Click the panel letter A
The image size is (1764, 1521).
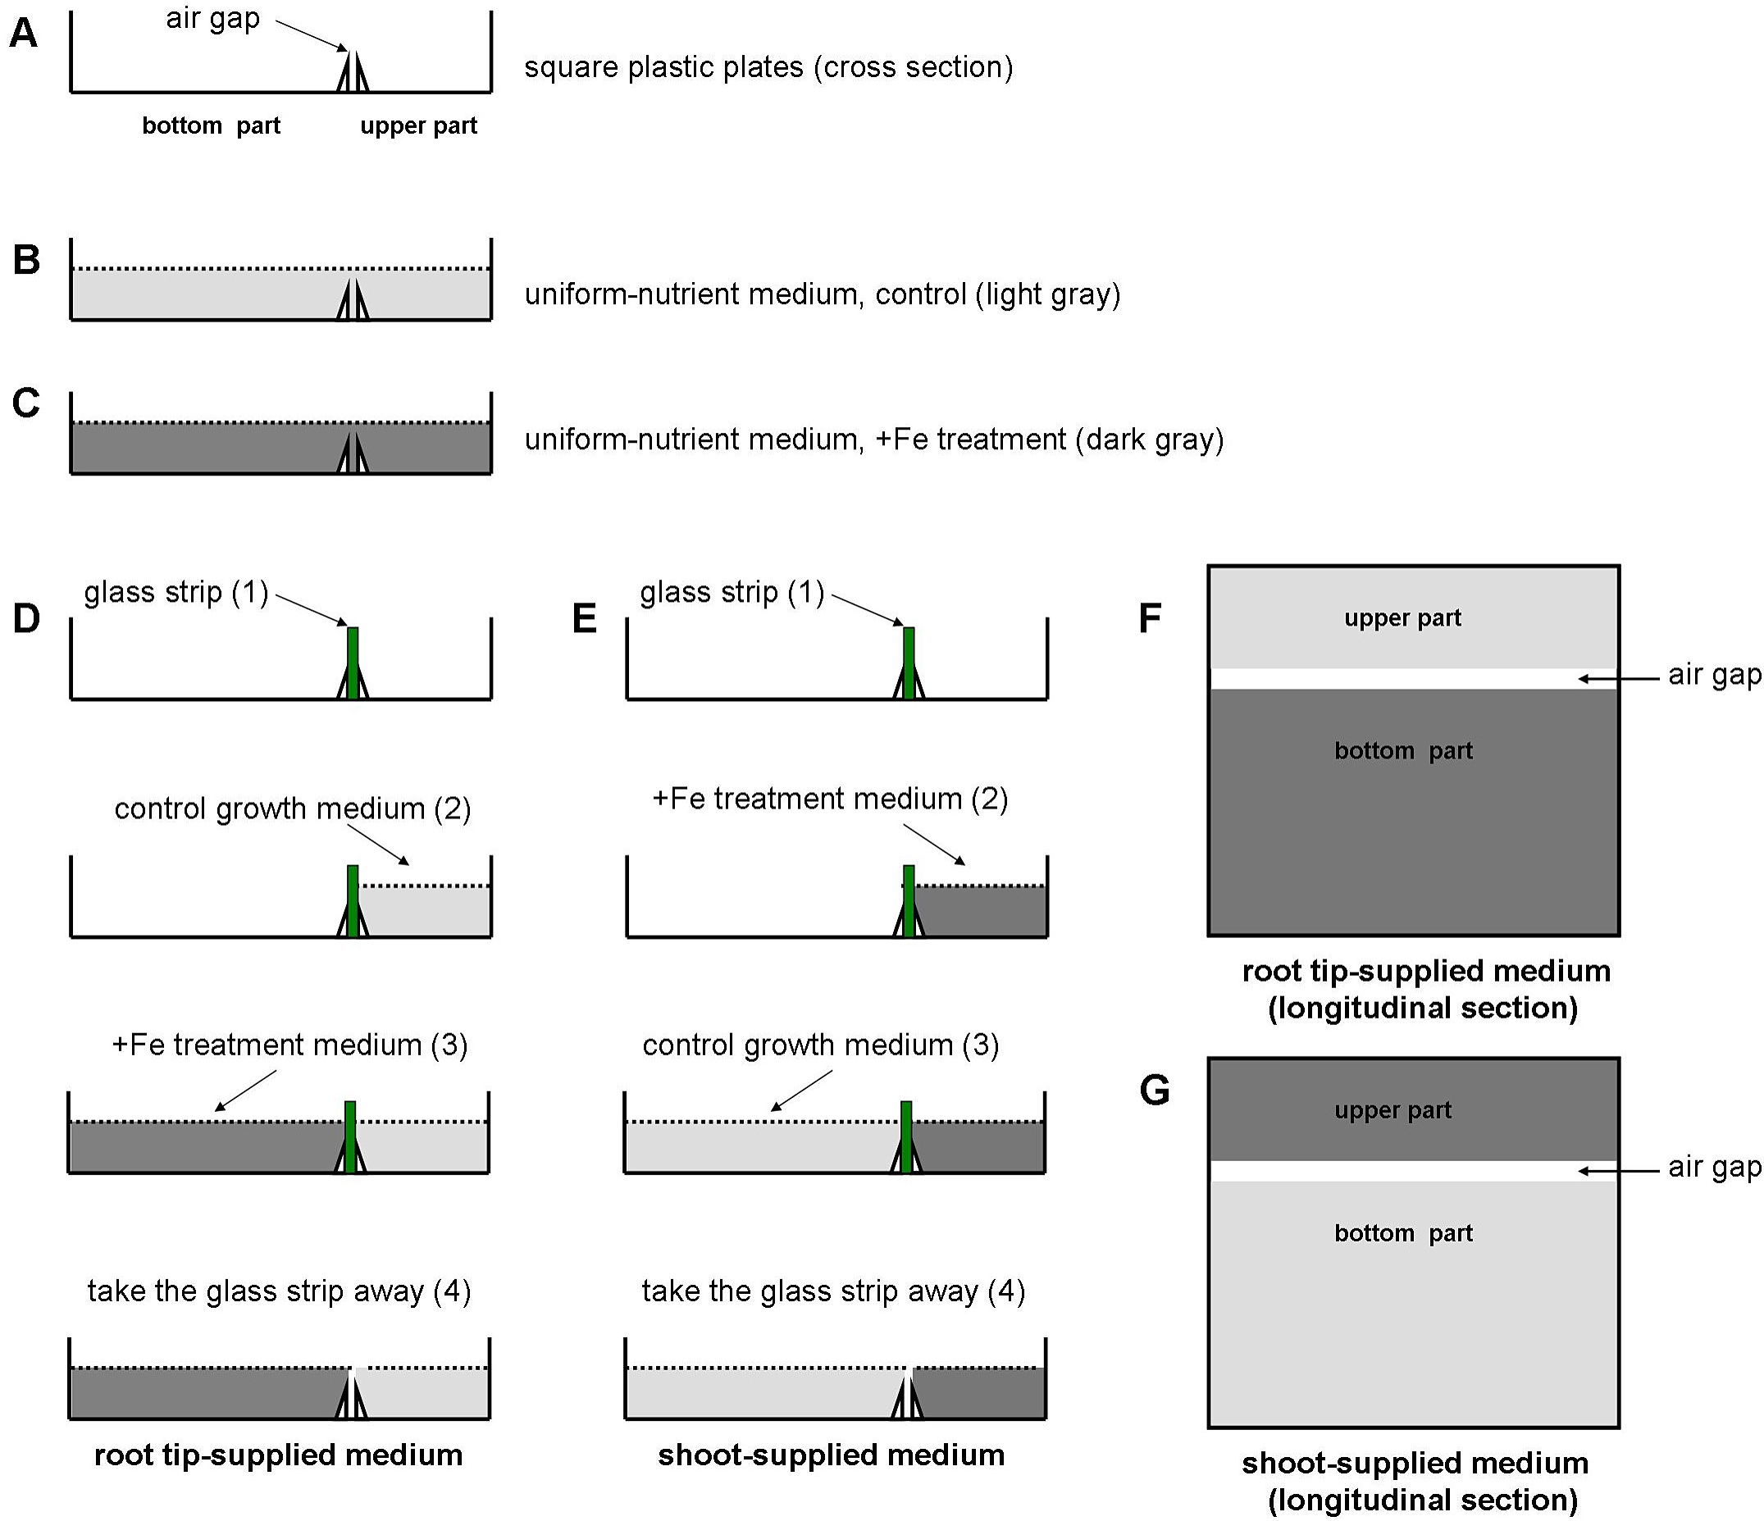(23, 34)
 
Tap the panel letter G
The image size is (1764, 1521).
(1155, 1091)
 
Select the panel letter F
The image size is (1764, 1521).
(1151, 619)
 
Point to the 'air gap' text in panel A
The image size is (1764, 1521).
(213, 19)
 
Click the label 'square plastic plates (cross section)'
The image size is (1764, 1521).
(768, 67)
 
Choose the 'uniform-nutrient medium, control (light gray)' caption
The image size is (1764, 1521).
(823, 294)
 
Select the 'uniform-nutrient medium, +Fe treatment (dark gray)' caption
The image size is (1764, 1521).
(874, 439)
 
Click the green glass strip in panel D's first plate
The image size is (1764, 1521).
(353, 663)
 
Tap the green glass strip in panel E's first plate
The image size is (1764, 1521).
(909, 663)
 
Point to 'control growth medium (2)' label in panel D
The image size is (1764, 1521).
(293, 808)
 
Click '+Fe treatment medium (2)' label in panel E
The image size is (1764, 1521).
(830, 799)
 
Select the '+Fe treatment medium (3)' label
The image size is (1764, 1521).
(290, 1045)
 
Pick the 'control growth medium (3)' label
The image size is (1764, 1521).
(821, 1045)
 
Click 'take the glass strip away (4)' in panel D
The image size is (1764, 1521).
(280, 1291)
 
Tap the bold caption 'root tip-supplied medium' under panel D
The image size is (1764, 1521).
(278, 1455)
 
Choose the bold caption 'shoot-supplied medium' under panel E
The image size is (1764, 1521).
(831, 1455)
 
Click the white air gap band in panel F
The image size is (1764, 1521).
(1413, 678)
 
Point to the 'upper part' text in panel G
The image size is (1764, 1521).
(1393, 1110)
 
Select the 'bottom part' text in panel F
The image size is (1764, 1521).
(1403, 751)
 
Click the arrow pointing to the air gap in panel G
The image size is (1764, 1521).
(1618, 1171)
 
